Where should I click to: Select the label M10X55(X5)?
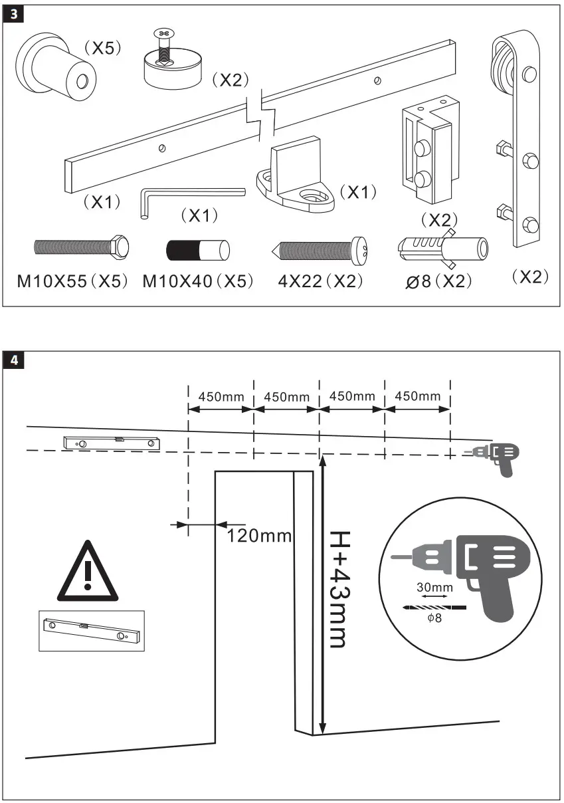tap(72, 281)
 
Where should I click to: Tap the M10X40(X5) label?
tap(198, 281)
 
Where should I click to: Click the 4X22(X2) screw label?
tap(321, 281)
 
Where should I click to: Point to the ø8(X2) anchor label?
tap(439, 282)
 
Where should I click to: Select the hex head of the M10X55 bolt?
tap(120, 247)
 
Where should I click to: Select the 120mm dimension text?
tap(259, 534)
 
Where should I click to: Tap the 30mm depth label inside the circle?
tap(434, 587)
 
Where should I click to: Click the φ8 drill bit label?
tap(434, 618)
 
